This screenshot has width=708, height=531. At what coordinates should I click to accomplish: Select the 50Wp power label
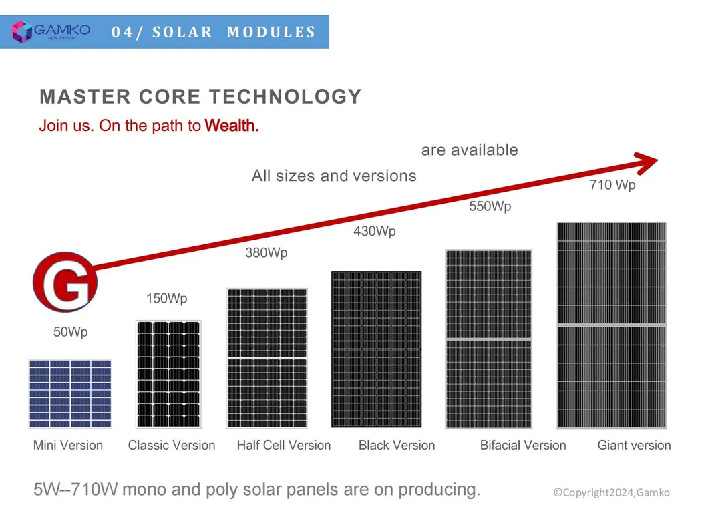click(70, 332)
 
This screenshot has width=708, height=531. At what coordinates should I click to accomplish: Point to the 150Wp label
click(166, 299)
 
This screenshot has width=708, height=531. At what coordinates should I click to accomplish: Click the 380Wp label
click(267, 254)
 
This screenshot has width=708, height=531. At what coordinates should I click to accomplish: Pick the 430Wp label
click(374, 232)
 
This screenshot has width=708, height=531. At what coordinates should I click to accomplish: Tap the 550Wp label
click(490, 207)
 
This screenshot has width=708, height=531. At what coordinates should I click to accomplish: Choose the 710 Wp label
click(612, 185)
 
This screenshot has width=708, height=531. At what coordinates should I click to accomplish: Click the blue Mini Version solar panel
click(70, 393)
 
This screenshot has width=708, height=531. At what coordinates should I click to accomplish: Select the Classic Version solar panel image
click(168, 374)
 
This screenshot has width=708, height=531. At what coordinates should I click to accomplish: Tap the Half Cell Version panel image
click(267, 358)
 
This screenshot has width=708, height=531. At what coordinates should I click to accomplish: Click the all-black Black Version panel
click(377, 349)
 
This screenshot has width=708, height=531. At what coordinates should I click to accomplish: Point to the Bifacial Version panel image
click(488, 339)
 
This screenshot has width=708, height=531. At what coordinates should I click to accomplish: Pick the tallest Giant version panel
click(612, 325)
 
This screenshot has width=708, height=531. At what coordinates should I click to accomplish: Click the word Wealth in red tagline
click(231, 125)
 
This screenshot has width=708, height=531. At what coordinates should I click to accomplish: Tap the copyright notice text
click(611, 492)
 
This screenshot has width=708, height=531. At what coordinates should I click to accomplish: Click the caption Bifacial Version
click(522, 446)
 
